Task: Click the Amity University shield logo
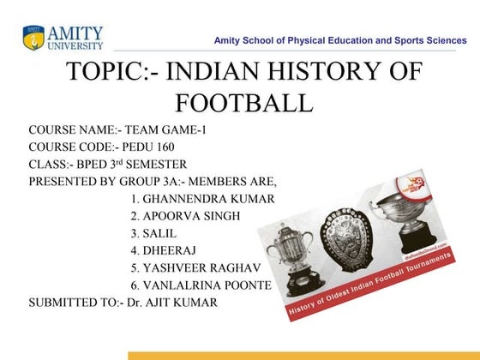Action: coord(33,38)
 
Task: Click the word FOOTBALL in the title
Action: coord(243,105)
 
